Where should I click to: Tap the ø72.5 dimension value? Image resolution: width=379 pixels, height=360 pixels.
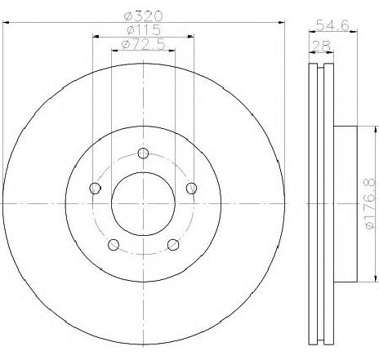point(144,45)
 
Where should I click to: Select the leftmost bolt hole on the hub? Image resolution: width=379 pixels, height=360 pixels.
point(95,189)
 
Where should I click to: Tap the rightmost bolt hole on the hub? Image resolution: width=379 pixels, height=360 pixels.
point(192,189)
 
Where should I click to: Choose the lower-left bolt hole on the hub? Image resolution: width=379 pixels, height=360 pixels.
point(114,244)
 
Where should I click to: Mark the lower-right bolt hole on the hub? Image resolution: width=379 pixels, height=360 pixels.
point(173,244)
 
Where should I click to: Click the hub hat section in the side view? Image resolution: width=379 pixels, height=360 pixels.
point(346,196)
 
